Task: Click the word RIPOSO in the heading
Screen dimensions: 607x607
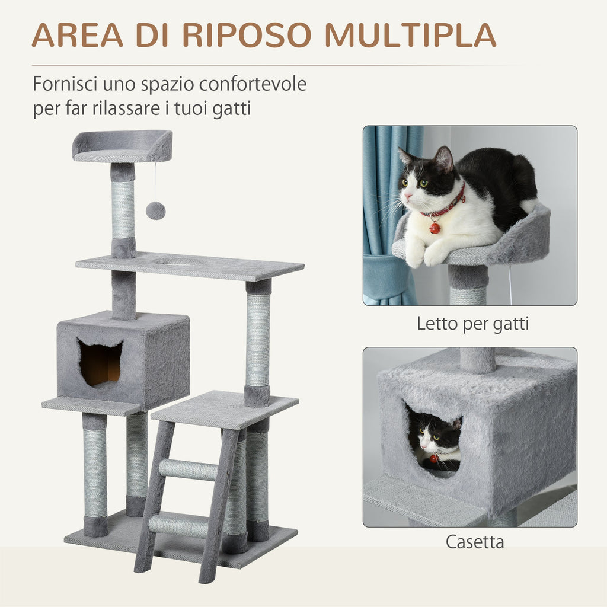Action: click(247, 35)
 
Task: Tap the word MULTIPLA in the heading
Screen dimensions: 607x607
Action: click(410, 35)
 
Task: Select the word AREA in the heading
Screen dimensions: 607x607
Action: click(78, 35)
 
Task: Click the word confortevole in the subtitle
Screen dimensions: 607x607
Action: click(253, 84)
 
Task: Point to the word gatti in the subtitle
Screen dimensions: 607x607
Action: click(232, 108)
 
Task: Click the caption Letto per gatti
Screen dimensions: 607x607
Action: click(472, 324)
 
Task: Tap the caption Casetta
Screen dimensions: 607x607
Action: click(475, 542)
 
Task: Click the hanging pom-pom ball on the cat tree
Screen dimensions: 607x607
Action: click(156, 210)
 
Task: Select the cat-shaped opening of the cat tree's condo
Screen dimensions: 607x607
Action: click(100, 363)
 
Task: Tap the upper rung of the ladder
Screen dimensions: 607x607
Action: click(189, 469)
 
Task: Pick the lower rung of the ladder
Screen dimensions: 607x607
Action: click(178, 526)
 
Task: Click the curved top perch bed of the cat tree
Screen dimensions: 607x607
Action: click(123, 146)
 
